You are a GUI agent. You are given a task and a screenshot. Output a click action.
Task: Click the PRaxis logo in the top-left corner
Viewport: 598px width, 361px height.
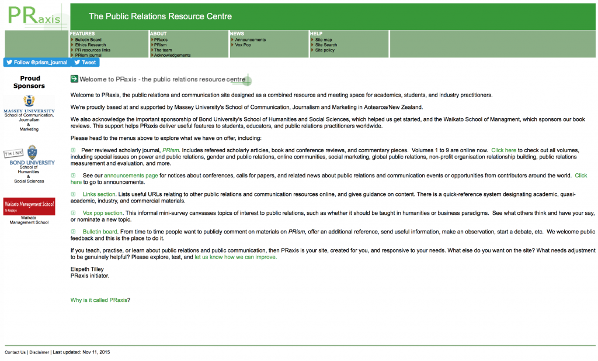[x=34, y=15]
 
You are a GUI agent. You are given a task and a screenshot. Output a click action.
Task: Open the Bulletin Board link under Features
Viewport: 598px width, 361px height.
[x=88, y=40]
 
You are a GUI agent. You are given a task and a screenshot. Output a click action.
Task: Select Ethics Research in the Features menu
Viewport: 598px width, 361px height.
[x=91, y=45]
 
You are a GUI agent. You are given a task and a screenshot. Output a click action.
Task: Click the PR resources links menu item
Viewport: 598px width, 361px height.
[x=92, y=50]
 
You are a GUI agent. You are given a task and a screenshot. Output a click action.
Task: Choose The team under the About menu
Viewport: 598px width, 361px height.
[x=163, y=50]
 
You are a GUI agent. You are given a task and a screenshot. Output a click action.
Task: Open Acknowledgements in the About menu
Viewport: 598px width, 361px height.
[x=172, y=56]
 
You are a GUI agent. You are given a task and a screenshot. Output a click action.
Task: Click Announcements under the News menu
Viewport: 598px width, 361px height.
[x=250, y=40]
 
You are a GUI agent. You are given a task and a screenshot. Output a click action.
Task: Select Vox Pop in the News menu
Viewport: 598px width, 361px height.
[x=243, y=45]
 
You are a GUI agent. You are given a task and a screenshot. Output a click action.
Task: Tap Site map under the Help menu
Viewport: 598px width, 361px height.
[x=324, y=40]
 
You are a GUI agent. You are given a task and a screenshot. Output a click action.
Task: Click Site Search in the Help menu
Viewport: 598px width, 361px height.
[x=326, y=45]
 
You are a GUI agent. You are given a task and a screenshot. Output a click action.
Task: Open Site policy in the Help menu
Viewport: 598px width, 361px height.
[x=325, y=50]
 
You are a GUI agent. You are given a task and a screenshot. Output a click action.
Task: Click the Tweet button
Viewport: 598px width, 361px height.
[x=85, y=63]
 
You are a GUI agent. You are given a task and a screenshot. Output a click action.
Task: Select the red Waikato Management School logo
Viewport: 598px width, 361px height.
[x=29, y=206]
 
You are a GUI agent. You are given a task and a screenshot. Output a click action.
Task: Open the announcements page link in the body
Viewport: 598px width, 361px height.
[x=131, y=176]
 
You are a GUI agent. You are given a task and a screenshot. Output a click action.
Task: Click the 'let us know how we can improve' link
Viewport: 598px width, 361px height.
[x=235, y=257]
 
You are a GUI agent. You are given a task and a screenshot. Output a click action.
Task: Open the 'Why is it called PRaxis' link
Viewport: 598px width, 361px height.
[x=99, y=300]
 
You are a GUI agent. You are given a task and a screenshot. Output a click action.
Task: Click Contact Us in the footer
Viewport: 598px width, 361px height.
[x=15, y=352]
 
